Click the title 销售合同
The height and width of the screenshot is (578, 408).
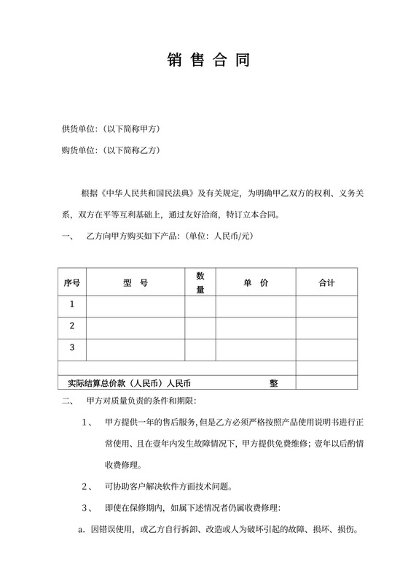coord(203,61)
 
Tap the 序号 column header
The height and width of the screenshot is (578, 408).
coord(71,282)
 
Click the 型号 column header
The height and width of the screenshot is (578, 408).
coord(136,282)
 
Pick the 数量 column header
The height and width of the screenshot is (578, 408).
coord(200,282)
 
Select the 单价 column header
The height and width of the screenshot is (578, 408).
coord(255,282)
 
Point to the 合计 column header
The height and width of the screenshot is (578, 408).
coord(326,282)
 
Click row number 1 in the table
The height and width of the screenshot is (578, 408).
coord(71,304)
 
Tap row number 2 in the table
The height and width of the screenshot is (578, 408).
coord(71,325)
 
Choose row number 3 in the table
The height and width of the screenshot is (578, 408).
coord(71,347)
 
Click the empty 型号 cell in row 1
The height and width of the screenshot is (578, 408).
coord(136,304)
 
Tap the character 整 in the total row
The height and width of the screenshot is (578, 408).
coord(273,382)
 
